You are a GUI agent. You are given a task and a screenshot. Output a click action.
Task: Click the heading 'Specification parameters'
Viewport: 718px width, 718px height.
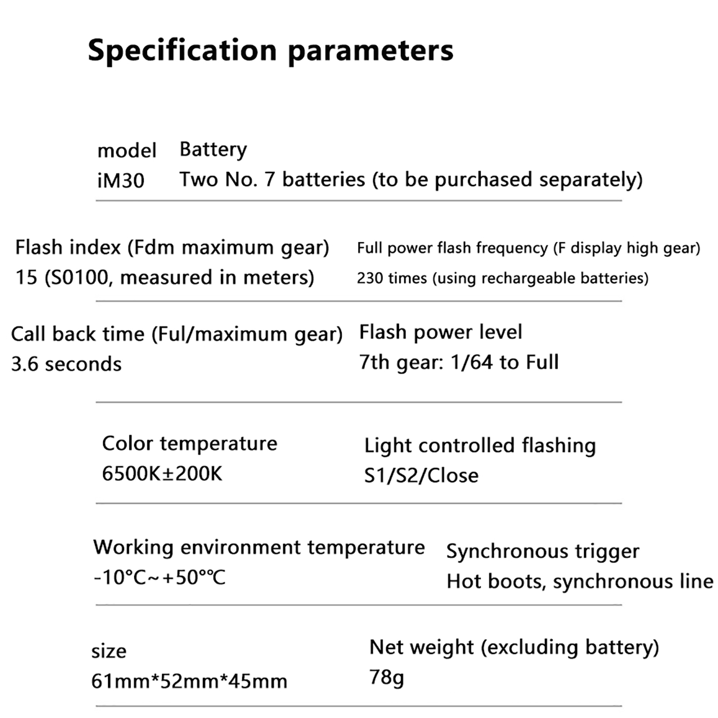271,51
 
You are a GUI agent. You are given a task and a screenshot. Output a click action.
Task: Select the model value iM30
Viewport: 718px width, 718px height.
121,181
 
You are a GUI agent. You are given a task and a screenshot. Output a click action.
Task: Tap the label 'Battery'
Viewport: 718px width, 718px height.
213,150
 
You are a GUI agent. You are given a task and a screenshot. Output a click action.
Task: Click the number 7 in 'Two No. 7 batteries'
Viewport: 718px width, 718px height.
269,179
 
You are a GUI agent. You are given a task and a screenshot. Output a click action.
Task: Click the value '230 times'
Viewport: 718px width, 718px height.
392,278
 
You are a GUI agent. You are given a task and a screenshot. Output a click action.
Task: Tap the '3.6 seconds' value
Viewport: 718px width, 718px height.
66,364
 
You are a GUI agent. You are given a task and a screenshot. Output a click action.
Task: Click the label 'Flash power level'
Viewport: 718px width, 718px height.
441,333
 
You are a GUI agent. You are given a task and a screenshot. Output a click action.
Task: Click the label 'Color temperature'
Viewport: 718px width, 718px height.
190,444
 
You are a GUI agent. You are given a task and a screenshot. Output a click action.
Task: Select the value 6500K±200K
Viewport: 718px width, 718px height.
162,473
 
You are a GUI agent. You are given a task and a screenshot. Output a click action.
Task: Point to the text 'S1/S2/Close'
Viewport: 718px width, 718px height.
421,476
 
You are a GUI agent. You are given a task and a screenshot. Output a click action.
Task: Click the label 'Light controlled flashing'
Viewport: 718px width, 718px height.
480,446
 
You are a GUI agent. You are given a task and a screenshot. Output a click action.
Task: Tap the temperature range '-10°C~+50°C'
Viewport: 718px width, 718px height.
159,578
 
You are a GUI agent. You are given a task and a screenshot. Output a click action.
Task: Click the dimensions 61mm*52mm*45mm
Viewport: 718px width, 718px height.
189,681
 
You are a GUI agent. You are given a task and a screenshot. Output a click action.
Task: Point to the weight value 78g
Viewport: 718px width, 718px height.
386,677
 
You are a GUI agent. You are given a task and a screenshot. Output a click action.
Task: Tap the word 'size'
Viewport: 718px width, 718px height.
109,652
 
